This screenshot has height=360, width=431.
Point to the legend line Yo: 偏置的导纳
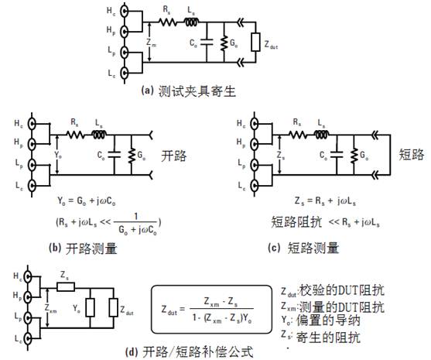(319, 321)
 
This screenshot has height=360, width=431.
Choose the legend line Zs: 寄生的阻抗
(319, 338)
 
